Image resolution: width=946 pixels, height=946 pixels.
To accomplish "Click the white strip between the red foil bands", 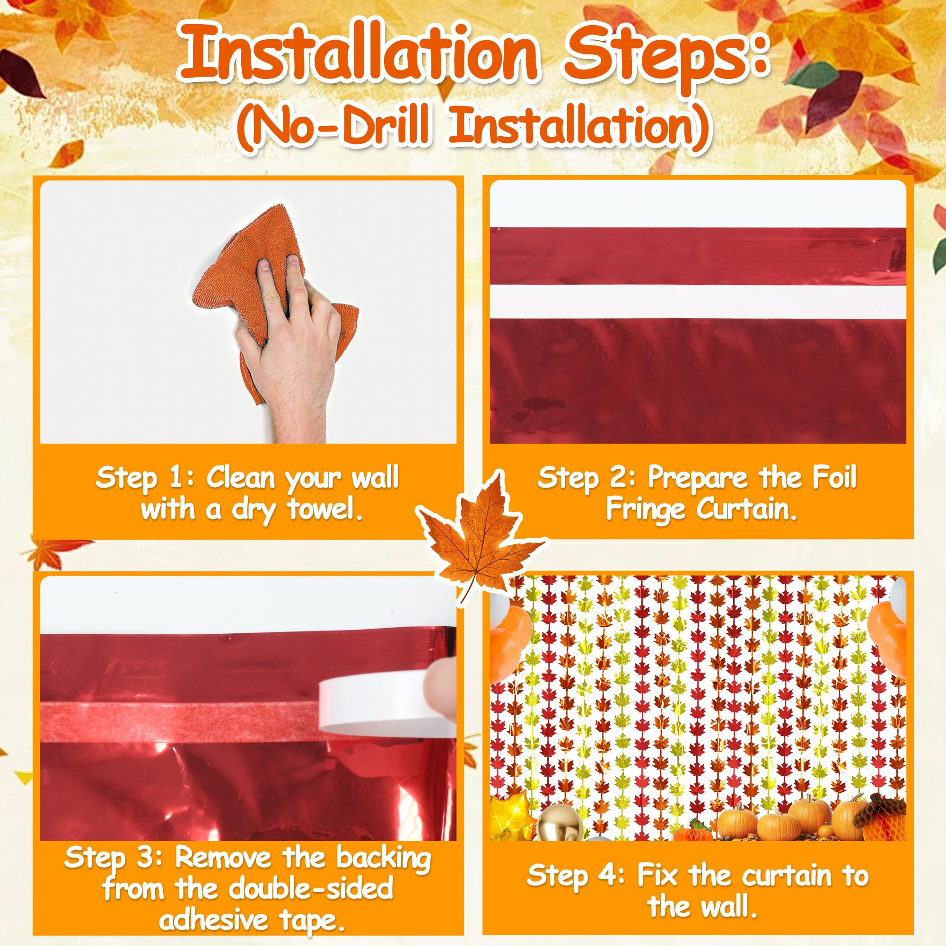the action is [x=698, y=302].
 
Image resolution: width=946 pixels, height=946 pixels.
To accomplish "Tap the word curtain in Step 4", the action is [x=789, y=876].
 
